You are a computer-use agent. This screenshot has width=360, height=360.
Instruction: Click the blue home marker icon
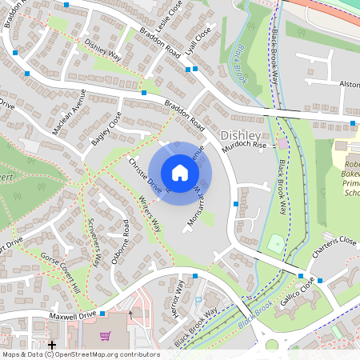[180, 172]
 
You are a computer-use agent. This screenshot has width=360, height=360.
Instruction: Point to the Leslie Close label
[169, 14]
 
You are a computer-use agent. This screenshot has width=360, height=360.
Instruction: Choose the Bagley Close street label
[106, 129]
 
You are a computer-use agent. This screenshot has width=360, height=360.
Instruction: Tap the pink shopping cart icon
[105, 337]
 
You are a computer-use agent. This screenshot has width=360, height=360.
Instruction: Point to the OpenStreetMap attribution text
[80, 354]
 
